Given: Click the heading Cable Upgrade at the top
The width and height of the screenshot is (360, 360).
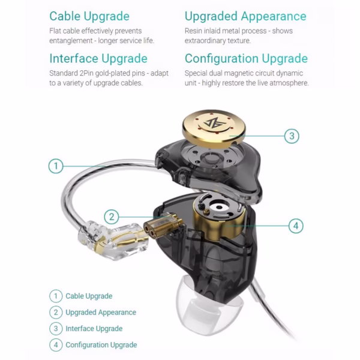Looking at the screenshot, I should click(89, 16).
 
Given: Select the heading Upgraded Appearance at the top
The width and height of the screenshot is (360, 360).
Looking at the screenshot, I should click(245, 16).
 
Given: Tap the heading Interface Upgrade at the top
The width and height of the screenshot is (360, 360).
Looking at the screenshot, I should click(98, 58).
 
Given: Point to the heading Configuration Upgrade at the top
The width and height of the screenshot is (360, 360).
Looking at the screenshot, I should click(246, 58).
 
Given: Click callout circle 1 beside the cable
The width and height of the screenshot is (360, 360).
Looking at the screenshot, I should click(56, 166).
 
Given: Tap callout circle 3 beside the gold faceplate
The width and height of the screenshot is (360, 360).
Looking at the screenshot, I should click(290, 136).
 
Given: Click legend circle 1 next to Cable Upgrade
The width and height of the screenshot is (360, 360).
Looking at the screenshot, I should click(56, 296).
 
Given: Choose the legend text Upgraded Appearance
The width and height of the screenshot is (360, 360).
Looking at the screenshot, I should click(101, 312).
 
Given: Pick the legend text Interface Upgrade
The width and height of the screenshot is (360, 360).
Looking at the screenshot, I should click(94, 328).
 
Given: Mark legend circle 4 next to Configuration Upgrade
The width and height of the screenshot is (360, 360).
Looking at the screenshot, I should click(56, 344).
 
